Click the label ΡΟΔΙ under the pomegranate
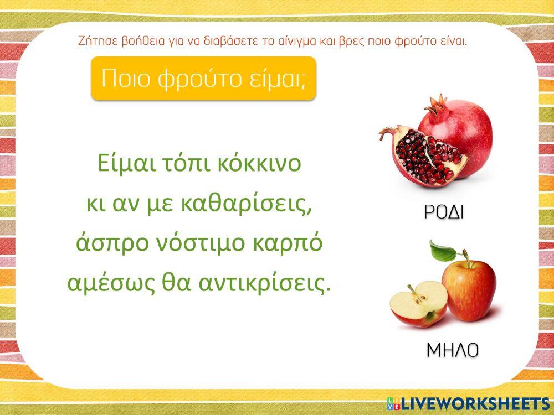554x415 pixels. pos(444,212)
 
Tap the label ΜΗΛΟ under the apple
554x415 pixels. pos(452,350)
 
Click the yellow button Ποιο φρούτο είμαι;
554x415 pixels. pos(203,79)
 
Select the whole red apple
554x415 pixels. pos(470,289)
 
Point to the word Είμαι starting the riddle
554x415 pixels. pos(123,164)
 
